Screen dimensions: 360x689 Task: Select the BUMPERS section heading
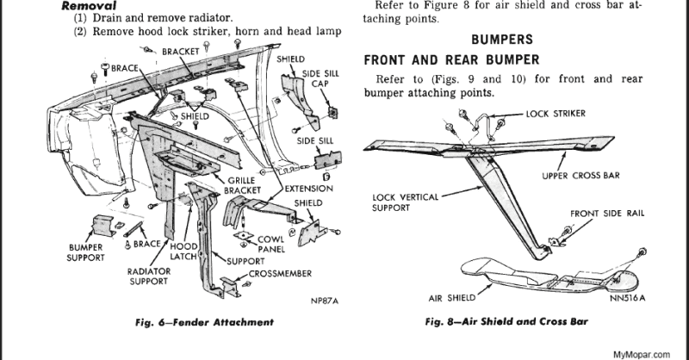tap(502, 40)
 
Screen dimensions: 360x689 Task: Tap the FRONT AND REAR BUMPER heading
tap(452, 60)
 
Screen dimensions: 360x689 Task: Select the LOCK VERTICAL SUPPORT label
tap(400, 202)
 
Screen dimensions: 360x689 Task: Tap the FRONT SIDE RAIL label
tap(607, 214)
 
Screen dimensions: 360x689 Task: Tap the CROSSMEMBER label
tap(276, 273)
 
